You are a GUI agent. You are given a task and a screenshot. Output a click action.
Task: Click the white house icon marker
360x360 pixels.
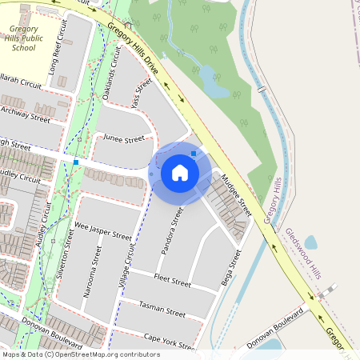tap(180, 172)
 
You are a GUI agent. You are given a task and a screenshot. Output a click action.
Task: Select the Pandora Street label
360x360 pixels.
tap(172, 231)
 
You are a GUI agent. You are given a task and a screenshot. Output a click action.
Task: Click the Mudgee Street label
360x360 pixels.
tap(237, 196)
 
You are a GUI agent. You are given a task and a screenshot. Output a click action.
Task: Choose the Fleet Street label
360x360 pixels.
tap(171, 282)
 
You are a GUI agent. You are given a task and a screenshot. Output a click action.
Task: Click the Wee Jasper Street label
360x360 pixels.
tap(102, 232)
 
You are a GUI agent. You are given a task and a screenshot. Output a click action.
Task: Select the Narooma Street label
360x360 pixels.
tap(90, 277)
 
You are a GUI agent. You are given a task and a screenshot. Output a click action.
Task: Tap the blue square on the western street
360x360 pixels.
tap(76, 162)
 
